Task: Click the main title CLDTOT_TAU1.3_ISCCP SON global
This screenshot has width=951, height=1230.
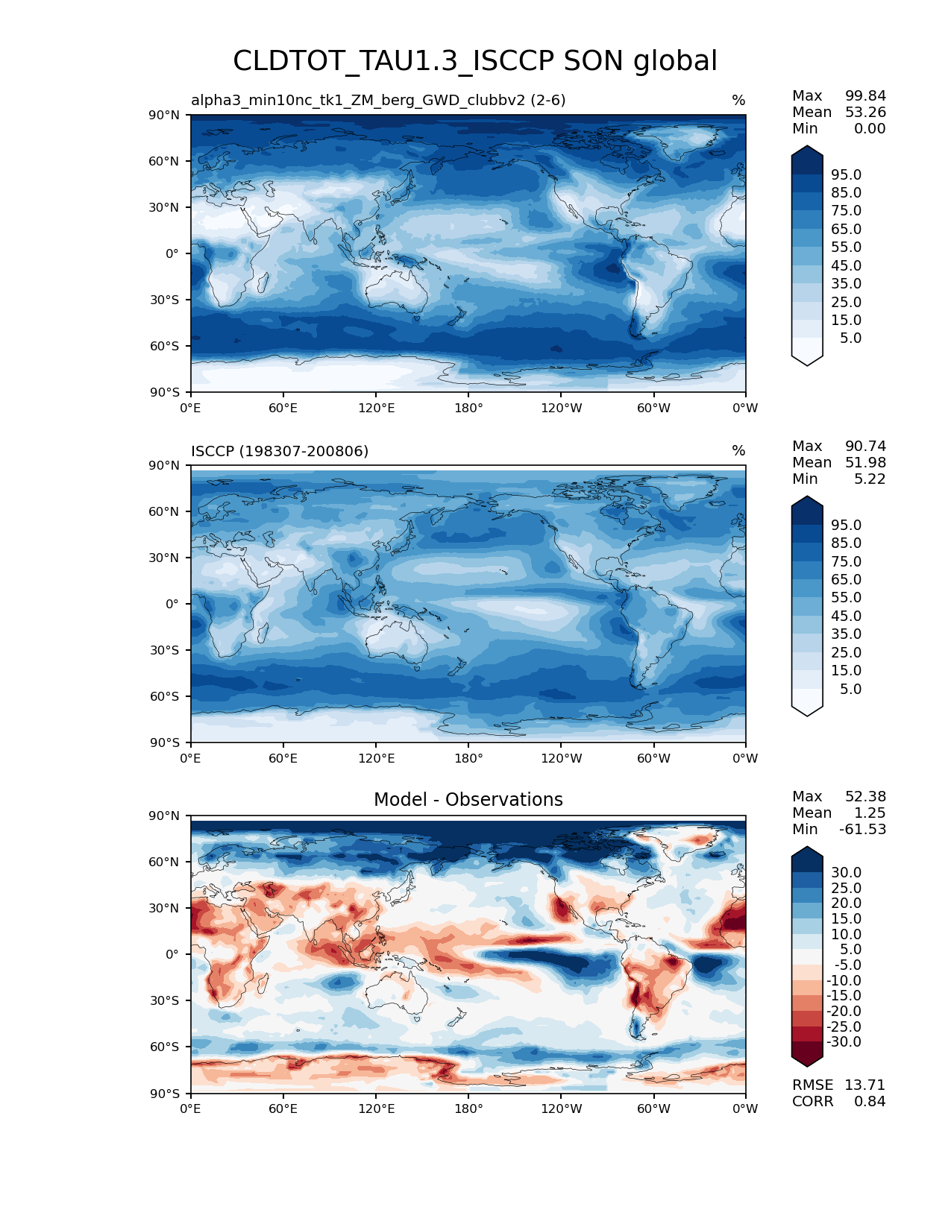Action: point(475,61)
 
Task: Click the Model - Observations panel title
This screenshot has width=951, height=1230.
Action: point(468,800)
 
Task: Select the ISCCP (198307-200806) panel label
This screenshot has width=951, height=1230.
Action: point(280,451)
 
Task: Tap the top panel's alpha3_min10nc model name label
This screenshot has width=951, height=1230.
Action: point(378,101)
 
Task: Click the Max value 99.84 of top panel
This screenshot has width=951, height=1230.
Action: point(865,95)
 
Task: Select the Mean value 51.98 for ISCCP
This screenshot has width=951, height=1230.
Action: point(865,462)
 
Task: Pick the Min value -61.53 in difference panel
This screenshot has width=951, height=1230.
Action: point(862,829)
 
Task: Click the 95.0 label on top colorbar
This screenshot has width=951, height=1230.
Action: point(846,174)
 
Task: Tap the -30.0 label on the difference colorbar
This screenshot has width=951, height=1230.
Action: point(844,1041)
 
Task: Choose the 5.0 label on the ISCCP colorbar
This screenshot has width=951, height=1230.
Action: point(850,689)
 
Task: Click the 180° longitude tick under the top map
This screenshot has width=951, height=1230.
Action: point(468,408)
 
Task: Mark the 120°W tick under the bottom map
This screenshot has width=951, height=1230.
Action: point(562,1108)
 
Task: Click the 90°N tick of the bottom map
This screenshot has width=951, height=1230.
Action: point(165,816)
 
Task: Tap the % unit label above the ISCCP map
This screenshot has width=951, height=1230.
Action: point(738,451)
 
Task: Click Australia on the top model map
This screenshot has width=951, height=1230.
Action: point(395,291)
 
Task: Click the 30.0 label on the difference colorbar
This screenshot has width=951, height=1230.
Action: point(846,872)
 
